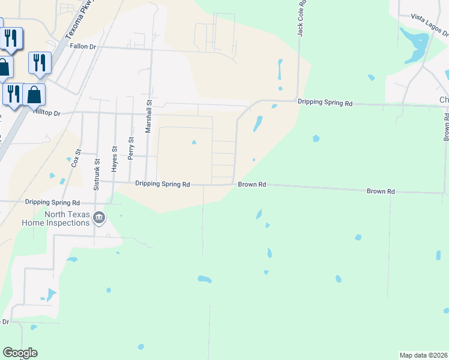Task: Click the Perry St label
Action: point(131,148)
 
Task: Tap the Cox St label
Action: point(76,158)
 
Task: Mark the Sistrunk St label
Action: point(96,173)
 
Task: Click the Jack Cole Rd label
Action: point(302,18)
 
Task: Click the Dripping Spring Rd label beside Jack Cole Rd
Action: point(325,103)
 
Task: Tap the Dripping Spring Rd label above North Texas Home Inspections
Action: point(52,203)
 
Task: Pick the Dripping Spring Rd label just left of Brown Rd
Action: point(162,184)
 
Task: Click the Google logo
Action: point(20,353)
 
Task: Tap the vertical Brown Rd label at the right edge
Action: point(447,126)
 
